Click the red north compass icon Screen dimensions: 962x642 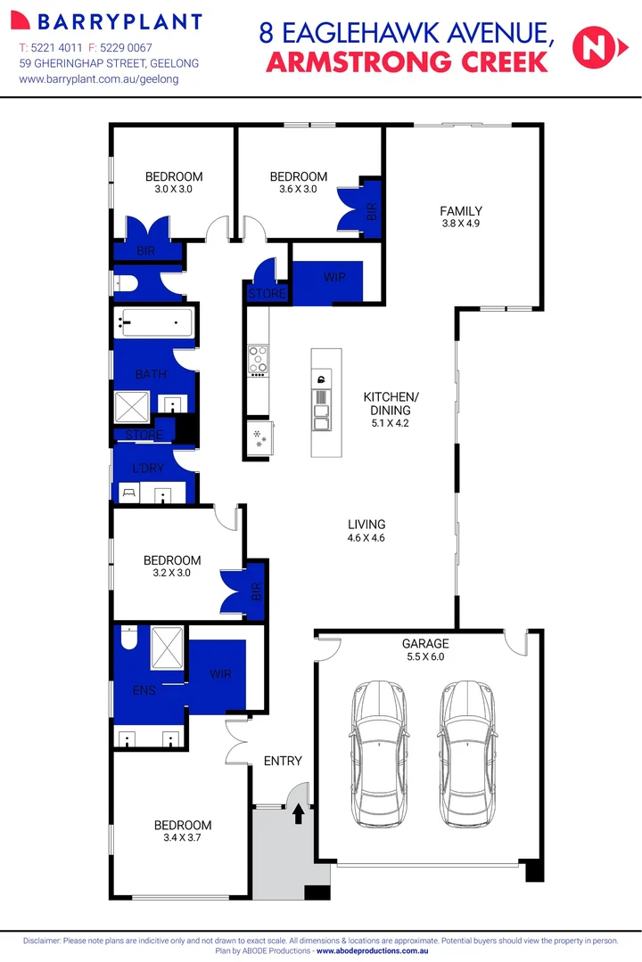click(592, 47)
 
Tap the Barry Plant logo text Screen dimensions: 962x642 click(111, 21)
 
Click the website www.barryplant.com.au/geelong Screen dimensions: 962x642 click(99, 79)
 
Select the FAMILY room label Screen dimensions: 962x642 click(461, 211)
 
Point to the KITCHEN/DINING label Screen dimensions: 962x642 click(391, 403)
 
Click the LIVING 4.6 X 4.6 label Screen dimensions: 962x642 click(366, 531)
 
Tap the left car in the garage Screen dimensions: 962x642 click(380, 754)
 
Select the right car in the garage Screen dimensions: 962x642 click(465, 754)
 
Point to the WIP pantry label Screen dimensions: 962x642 click(334, 278)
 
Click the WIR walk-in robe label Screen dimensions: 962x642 click(220, 674)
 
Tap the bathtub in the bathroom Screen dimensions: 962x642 click(155, 322)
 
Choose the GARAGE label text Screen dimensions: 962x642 click(425, 643)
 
